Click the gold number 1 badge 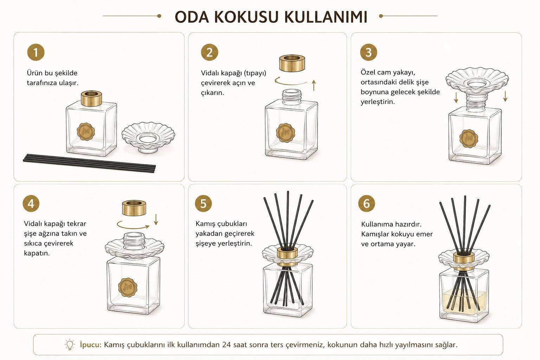pos(36,52)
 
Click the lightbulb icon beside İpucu pos(70,344)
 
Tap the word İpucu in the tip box pos(91,345)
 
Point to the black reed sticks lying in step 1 pos(89,163)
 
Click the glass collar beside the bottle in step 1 pos(148,137)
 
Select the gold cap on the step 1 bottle pos(91,98)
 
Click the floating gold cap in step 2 pos(292,63)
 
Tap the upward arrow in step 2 pos(314,85)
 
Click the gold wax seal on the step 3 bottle pos(468,139)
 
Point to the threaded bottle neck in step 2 pos(292,97)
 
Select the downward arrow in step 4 pos(156,219)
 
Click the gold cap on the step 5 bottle pos(287,256)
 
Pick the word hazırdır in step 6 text pos(408,224)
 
